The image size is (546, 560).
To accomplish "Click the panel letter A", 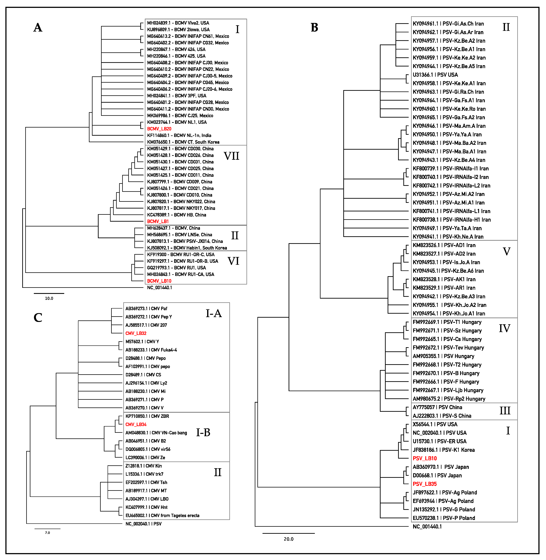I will (x=38, y=28).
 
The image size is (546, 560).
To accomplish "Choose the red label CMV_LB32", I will (x=136, y=333).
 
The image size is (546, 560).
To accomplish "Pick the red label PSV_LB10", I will (x=425, y=458).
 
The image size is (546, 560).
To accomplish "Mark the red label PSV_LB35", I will (x=425, y=484).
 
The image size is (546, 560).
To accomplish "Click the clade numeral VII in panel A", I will (x=231, y=156).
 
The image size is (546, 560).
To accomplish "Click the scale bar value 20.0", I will (x=288, y=539).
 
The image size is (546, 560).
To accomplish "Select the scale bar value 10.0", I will (x=49, y=298).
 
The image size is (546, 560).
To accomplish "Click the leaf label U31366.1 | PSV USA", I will (x=435, y=75).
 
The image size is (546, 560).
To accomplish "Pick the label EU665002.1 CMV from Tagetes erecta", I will (x=162, y=516).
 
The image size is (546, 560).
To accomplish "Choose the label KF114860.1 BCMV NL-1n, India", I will (x=179, y=135).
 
